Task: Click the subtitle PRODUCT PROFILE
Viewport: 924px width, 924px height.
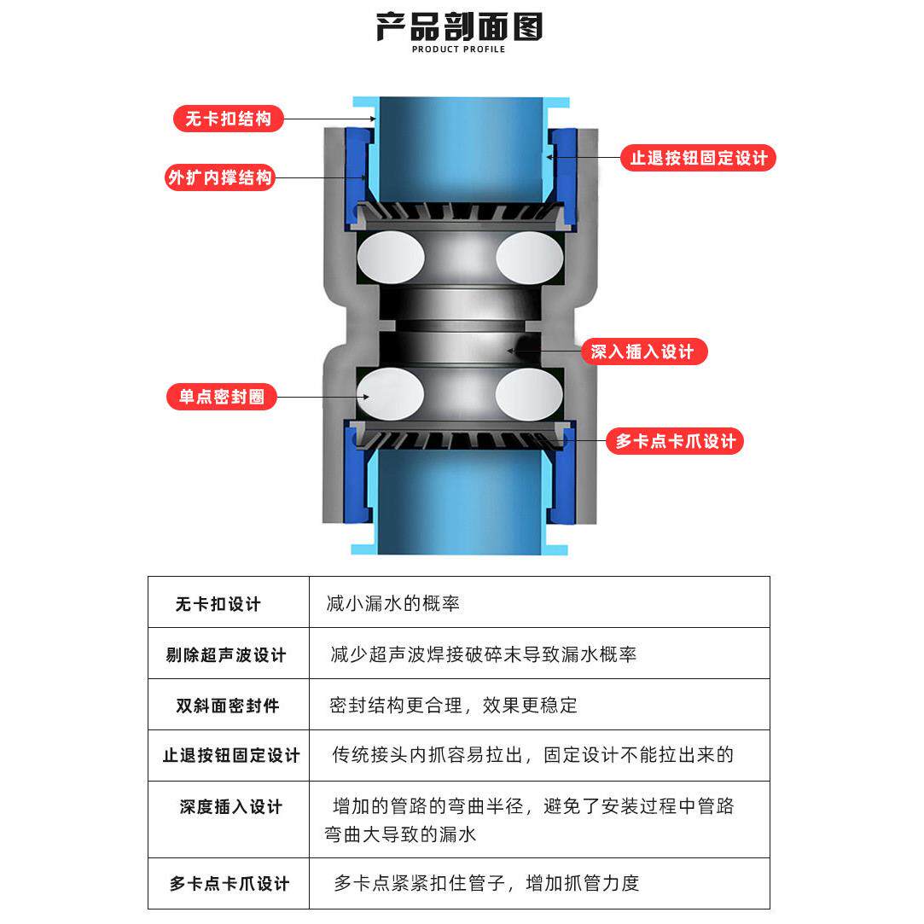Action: pyautogui.click(x=459, y=49)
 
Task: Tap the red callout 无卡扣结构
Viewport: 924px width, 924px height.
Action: pyautogui.click(x=228, y=119)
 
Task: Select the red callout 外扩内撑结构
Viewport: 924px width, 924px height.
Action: pyautogui.click(x=220, y=177)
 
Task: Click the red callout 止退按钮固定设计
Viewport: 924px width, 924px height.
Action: pyautogui.click(x=698, y=158)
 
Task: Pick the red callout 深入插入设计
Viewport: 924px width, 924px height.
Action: pyautogui.click(x=643, y=352)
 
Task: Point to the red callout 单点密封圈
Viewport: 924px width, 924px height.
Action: pyautogui.click(x=222, y=397)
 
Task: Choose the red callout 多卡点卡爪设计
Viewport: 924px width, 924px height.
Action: pyautogui.click(x=675, y=441)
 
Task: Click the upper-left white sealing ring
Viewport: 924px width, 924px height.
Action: pyautogui.click(x=391, y=257)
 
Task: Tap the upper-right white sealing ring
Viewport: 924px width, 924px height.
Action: pyautogui.click(x=530, y=257)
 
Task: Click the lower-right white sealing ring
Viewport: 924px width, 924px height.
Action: pyautogui.click(x=530, y=393)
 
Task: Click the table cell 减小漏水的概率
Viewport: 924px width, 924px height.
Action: pyautogui.click(x=393, y=603)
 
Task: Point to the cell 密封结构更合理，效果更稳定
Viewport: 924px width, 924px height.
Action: pyautogui.click(x=453, y=706)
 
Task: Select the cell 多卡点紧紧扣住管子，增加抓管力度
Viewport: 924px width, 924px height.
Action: pyautogui.click(x=486, y=883)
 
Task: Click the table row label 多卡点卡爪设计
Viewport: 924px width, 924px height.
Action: pyautogui.click(x=229, y=884)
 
